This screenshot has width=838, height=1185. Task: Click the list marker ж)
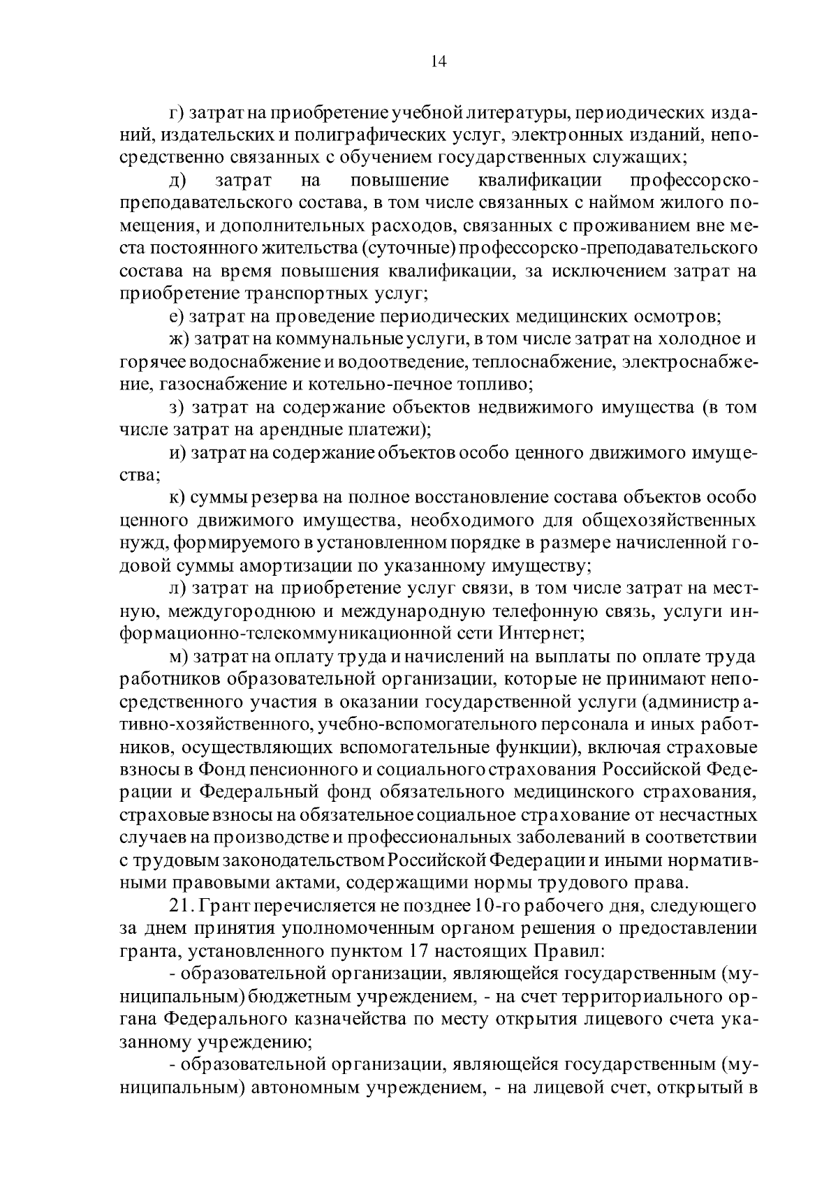[x=179, y=339]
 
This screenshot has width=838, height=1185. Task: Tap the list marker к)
[x=178, y=498]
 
